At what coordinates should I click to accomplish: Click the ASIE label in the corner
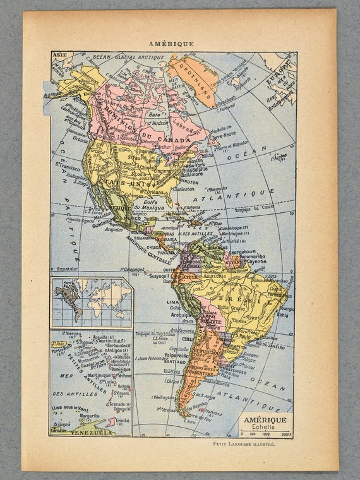[x=59, y=55]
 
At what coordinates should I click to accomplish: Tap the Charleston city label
[x=183, y=188]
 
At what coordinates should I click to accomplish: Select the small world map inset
[x=92, y=303]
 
